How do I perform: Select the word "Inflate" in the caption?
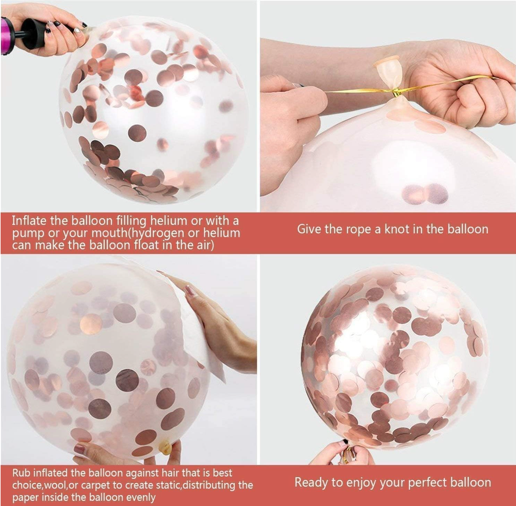click(x=29, y=221)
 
